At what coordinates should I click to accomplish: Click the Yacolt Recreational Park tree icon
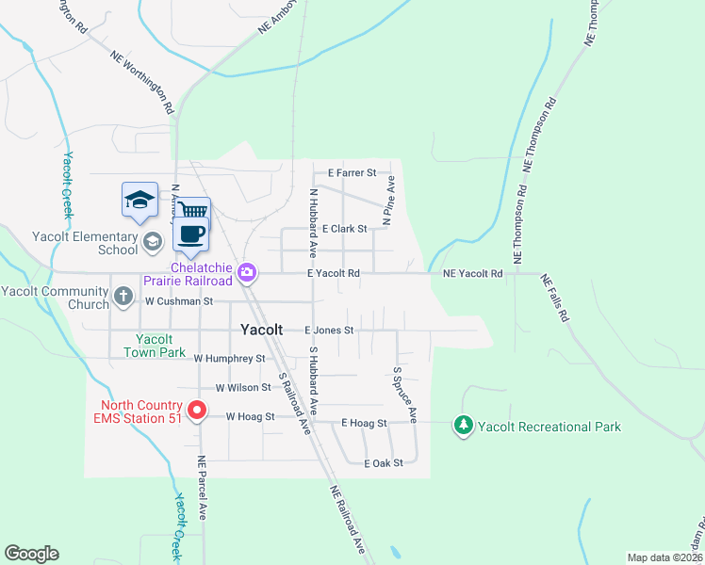pyautogui.click(x=463, y=426)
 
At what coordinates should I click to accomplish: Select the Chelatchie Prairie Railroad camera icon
pyautogui.click(x=247, y=273)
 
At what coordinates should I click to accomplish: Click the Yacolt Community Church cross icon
pyautogui.click(x=123, y=297)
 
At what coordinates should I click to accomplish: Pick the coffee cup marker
pyautogui.click(x=191, y=234)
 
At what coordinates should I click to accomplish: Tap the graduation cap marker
pyautogui.click(x=139, y=200)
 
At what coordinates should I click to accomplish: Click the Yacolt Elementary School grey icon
pyautogui.click(x=152, y=243)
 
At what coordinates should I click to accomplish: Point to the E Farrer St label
pyautogui.click(x=352, y=173)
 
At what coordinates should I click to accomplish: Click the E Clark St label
pyautogui.click(x=344, y=229)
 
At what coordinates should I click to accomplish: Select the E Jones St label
pyautogui.click(x=329, y=331)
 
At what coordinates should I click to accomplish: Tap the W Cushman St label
pyautogui.click(x=180, y=301)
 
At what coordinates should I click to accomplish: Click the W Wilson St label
pyautogui.click(x=243, y=388)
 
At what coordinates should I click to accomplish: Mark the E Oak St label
pyautogui.click(x=384, y=462)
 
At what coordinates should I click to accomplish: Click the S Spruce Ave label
pyautogui.click(x=404, y=394)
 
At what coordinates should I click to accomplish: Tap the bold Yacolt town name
pyautogui.click(x=261, y=331)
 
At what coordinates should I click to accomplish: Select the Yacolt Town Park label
pyautogui.click(x=155, y=346)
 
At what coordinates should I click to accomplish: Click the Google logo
pyautogui.click(x=31, y=554)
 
